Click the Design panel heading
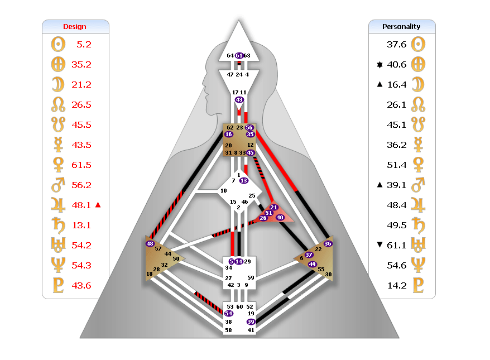click(75, 27)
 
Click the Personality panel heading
click(401, 27)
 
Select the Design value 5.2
click(84, 45)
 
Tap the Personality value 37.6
click(397, 45)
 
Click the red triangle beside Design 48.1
click(98, 205)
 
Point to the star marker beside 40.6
click(379, 65)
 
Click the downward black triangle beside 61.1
click(379, 244)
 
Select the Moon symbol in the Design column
click(58, 84)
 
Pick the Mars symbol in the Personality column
click(418, 185)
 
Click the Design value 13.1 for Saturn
click(81, 225)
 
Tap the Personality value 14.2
click(397, 285)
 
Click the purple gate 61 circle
click(239, 56)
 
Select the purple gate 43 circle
click(239, 100)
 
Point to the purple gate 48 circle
click(150, 243)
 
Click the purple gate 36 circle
click(328, 243)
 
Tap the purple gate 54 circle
click(229, 314)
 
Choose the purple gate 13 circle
click(244, 180)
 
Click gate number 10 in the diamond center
click(224, 191)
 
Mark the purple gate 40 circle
click(280, 217)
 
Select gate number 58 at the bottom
click(228, 330)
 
